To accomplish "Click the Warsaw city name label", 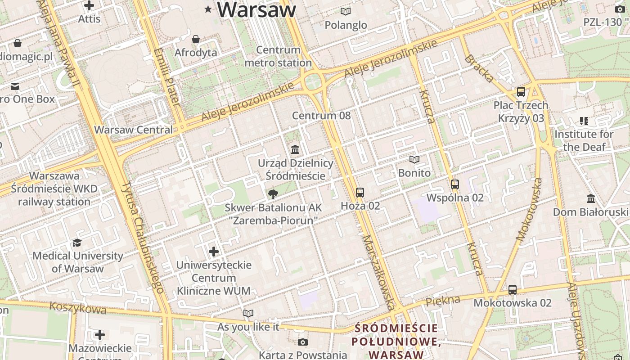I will click(x=257, y=10).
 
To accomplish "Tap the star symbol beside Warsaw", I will click(x=208, y=9).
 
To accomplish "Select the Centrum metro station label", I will click(x=278, y=56).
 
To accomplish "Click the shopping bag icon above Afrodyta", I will click(x=196, y=40).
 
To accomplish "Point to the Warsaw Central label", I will click(x=133, y=130).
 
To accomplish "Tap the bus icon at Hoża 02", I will click(x=360, y=193).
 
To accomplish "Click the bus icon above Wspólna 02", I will click(x=455, y=184).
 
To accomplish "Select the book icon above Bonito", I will click(x=414, y=159).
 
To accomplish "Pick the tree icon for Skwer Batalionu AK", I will click(x=273, y=194).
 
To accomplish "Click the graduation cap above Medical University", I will click(x=77, y=243).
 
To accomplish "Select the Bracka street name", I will click(x=479, y=68).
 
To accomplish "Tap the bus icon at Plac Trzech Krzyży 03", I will click(x=521, y=92).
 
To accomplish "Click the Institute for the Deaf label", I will click(x=584, y=140).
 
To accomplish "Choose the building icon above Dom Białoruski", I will click(x=591, y=198).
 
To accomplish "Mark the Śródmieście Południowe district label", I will click(x=396, y=341).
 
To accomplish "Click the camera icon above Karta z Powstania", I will click(x=303, y=342).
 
